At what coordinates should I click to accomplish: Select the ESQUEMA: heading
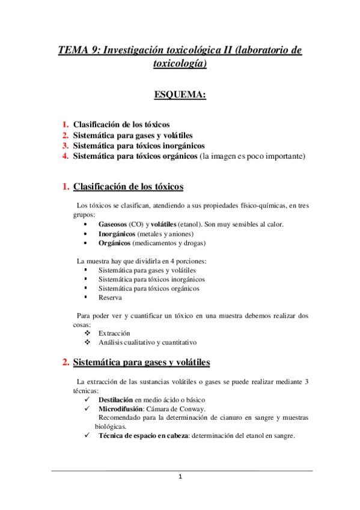180,94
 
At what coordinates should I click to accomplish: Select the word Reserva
110,297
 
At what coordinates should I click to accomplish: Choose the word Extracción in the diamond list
114,333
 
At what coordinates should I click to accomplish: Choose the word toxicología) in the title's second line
180,64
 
